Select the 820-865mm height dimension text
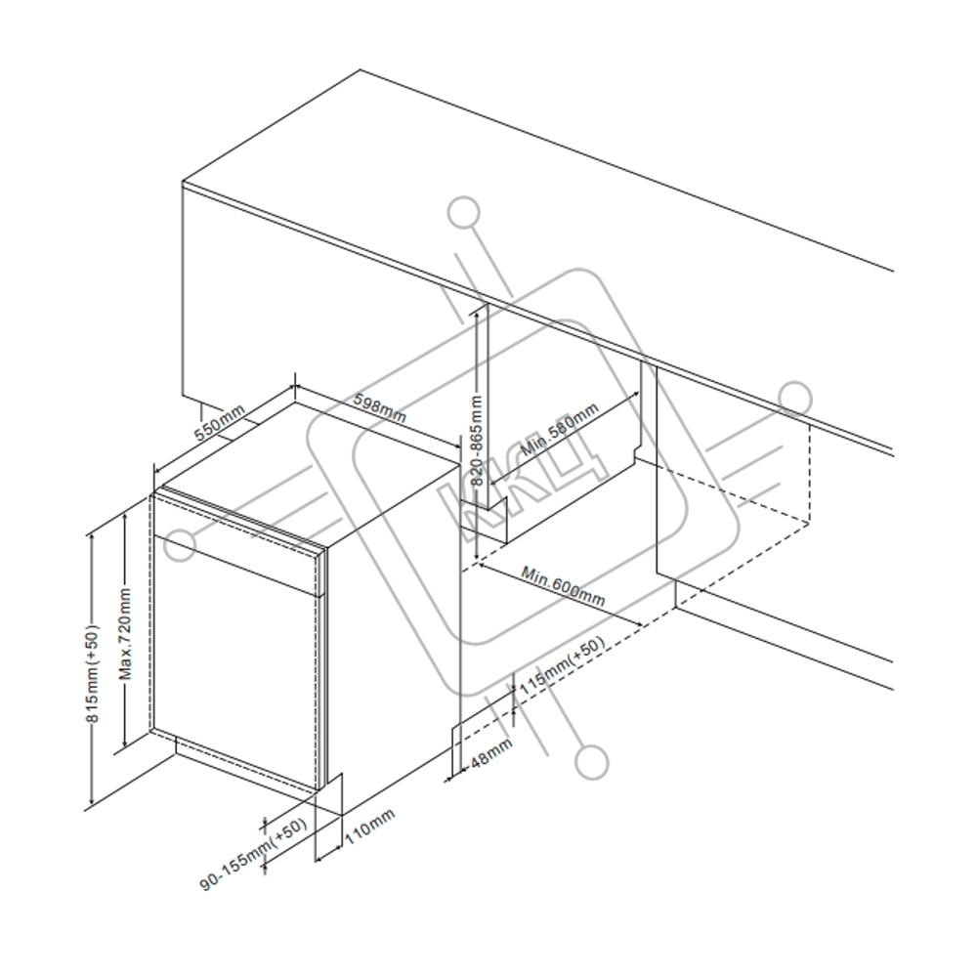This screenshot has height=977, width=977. tap(477, 440)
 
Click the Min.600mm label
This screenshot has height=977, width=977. tap(562, 584)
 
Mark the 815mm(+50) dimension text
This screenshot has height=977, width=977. tap(93, 674)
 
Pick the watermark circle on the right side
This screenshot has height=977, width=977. tap(795, 398)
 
